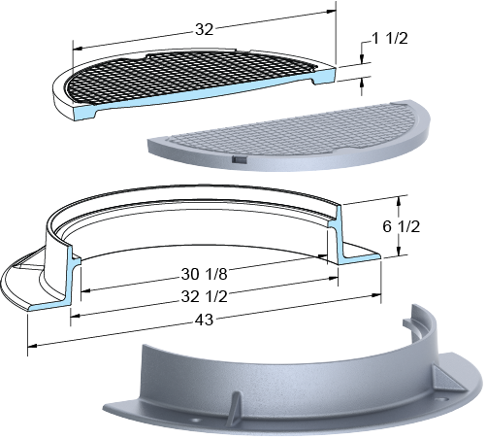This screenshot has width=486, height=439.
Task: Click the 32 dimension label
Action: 205,30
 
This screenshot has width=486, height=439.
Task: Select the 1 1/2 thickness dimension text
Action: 390,39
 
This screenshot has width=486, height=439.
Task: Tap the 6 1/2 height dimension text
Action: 402,226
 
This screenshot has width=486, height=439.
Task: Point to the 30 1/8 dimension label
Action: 205,275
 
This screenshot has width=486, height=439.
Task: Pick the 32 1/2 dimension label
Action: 205,296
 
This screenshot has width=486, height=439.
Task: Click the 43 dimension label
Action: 205,320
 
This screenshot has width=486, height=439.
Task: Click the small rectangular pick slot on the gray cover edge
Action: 240,159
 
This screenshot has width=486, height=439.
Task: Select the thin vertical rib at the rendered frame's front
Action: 235,407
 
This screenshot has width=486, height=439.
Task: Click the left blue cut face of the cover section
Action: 85,113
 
